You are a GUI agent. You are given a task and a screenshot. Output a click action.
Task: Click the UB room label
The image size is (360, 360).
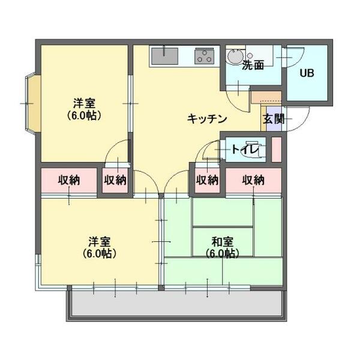(x=307, y=73)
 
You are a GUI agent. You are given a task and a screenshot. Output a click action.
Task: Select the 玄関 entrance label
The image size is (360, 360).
(x=273, y=118)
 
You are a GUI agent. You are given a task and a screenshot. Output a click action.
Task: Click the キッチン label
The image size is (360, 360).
(x=206, y=118)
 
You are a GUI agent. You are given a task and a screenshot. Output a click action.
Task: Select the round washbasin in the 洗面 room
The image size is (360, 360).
(x=235, y=56)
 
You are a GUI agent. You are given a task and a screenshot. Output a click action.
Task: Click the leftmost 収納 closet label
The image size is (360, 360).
(x=69, y=179)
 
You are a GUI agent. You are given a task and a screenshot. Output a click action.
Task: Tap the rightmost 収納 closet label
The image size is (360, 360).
(x=253, y=179)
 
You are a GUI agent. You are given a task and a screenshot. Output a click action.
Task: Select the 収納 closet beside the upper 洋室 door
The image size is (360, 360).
(x=115, y=179)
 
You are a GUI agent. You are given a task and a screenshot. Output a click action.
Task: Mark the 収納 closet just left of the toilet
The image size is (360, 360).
(x=207, y=179)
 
